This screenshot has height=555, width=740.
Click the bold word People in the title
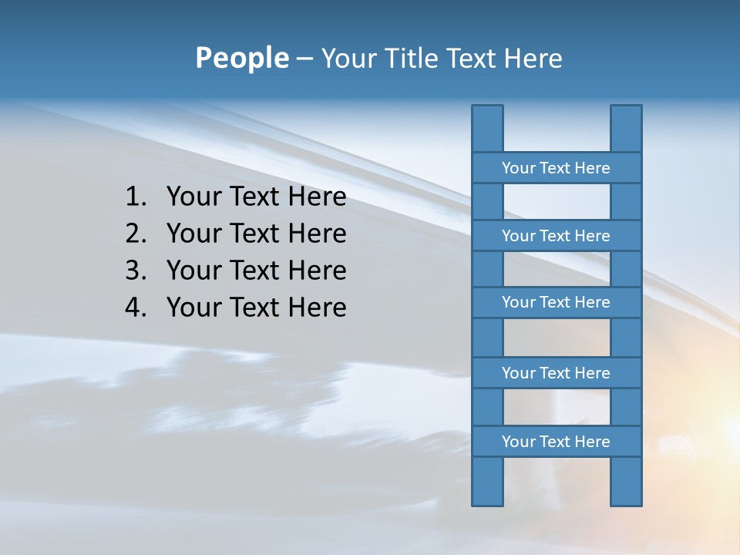click(241, 59)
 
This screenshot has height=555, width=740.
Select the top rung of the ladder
click(556, 168)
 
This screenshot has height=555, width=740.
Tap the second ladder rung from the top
click(556, 236)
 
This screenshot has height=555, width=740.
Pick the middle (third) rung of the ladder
click(556, 303)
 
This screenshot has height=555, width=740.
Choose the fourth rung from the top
click(556, 373)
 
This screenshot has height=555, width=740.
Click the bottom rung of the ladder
click(556, 442)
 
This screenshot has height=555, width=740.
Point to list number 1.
click(135, 197)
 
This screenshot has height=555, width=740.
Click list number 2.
click(135, 234)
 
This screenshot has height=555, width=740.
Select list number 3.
click(135, 271)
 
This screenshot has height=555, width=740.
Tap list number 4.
click(135, 308)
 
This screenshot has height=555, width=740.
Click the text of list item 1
click(256, 197)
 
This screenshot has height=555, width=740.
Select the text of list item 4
click(256, 308)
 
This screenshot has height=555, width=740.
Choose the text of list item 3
click(256, 271)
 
